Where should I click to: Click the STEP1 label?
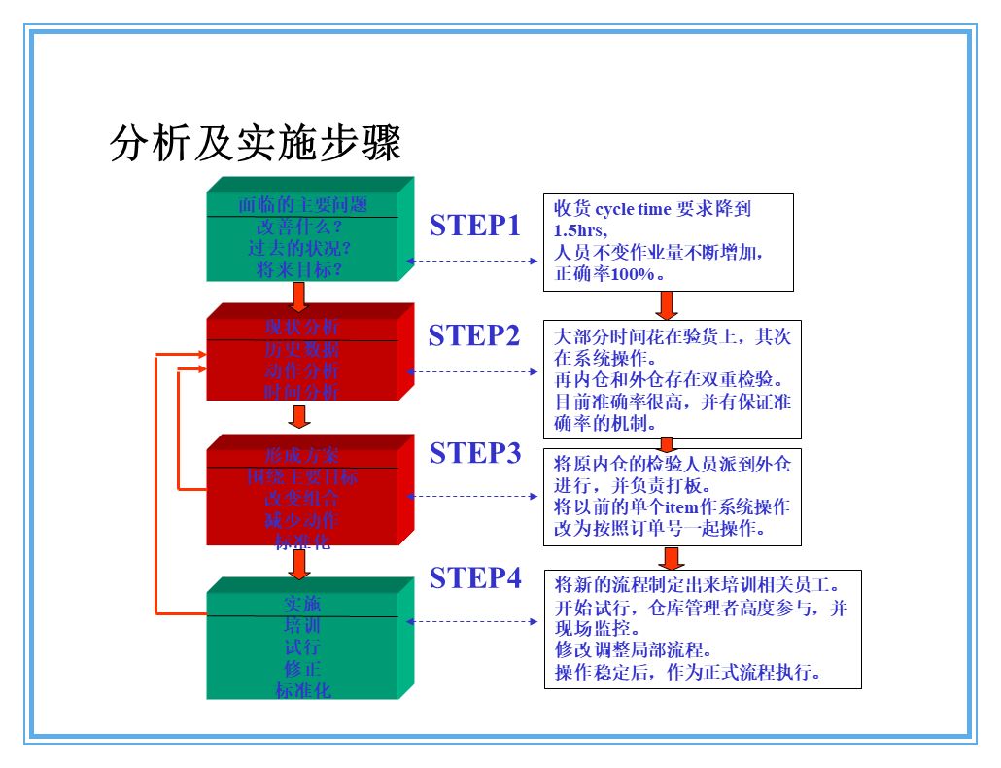[x=475, y=226]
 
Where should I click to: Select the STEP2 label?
[x=474, y=335]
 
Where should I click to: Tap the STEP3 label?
[x=475, y=453]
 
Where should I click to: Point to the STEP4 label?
[x=475, y=577]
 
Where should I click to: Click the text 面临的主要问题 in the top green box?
[x=302, y=205]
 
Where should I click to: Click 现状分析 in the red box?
[x=302, y=327]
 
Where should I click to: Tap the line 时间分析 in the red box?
[x=302, y=393]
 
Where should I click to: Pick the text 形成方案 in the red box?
[x=302, y=455]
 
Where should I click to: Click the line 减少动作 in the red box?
[x=302, y=520]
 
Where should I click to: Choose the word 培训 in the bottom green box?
[x=302, y=626]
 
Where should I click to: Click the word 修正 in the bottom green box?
[x=302, y=669]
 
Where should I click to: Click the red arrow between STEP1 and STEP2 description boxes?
[x=667, y=305]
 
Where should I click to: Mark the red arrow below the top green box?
[x=299, y=295]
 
